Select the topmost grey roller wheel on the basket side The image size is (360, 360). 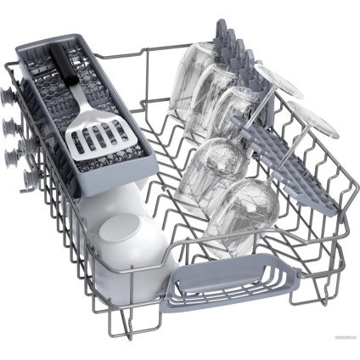11,93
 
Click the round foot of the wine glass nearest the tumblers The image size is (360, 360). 280,82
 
